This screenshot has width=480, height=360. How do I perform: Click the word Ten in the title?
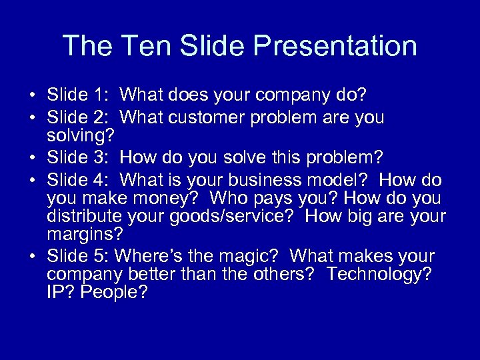143,46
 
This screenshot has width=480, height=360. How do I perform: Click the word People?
114,293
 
